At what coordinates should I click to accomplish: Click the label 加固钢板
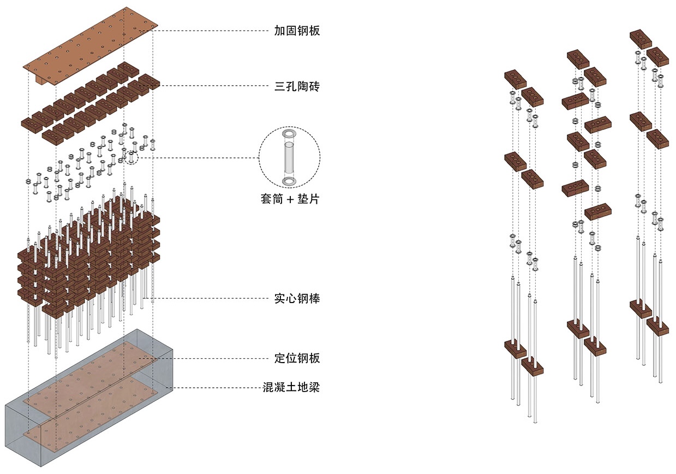point(297,31)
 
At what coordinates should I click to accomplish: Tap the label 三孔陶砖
point(297,86)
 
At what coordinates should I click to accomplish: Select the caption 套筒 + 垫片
point(290,199)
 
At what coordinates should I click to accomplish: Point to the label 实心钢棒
point(297,299)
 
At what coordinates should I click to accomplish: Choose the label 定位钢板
point(297,358)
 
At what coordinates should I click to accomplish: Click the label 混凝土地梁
point(291,387)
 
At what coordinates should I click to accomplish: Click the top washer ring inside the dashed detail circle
point(289,134)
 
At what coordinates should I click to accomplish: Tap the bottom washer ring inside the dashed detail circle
point(289,181)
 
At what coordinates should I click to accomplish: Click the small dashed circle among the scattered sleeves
point(131,158)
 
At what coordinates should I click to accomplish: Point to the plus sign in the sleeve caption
point(290,199)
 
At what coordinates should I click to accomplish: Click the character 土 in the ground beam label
point(291,387)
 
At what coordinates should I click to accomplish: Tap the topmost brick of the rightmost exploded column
point(641,39)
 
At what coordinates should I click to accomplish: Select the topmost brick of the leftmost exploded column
point(516,80)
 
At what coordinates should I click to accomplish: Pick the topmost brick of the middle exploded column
point(578,59)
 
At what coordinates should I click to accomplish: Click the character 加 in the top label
point(280,31)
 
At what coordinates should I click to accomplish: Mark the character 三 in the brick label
point(280,87)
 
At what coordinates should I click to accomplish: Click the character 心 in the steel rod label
point(291,299)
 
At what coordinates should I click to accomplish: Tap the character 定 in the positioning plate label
point(280,358)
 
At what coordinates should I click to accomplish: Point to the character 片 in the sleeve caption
point(314,199)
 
